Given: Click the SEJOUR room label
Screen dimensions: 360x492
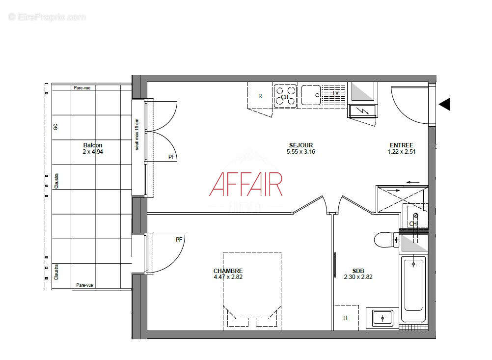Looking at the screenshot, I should click(301, 145).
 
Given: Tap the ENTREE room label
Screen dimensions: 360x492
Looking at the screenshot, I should click(401, 145).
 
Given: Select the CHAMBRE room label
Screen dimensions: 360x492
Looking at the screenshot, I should click(228, 271).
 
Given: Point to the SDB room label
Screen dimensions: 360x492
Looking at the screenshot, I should click(358, 271).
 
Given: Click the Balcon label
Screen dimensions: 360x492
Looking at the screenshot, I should click(93, 145).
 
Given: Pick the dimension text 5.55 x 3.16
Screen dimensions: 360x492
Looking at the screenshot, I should click(301, 152).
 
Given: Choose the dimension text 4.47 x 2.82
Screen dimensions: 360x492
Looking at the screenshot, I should click(228, 277).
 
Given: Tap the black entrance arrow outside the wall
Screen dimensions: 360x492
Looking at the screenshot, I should click(444, 104).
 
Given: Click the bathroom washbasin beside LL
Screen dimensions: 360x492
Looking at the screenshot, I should click(383, 317).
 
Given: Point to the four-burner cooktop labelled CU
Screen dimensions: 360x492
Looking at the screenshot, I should click(285, 96).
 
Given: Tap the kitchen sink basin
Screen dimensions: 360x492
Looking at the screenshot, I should click(311, 95).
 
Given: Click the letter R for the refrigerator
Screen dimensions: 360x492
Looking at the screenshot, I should click(260, 96).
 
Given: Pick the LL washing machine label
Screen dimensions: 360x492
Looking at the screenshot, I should click(346, 318).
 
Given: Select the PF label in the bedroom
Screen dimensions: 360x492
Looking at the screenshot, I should click(179, 240).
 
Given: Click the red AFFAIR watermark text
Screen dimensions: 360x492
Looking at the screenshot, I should click(246, 184).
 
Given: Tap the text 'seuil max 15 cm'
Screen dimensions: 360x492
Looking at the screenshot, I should click(137, 134).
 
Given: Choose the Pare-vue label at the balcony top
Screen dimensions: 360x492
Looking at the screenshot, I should click(82, 88).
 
